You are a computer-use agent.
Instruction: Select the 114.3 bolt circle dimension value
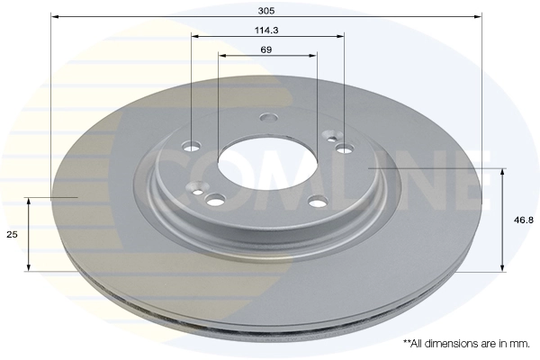coord(265,29)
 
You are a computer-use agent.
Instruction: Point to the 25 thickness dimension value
coord(12,234)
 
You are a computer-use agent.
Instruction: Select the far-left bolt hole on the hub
coord(191,146)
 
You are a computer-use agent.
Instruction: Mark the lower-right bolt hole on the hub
coord(317,202)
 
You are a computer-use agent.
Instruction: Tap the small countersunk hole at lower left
coord(196,190)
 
